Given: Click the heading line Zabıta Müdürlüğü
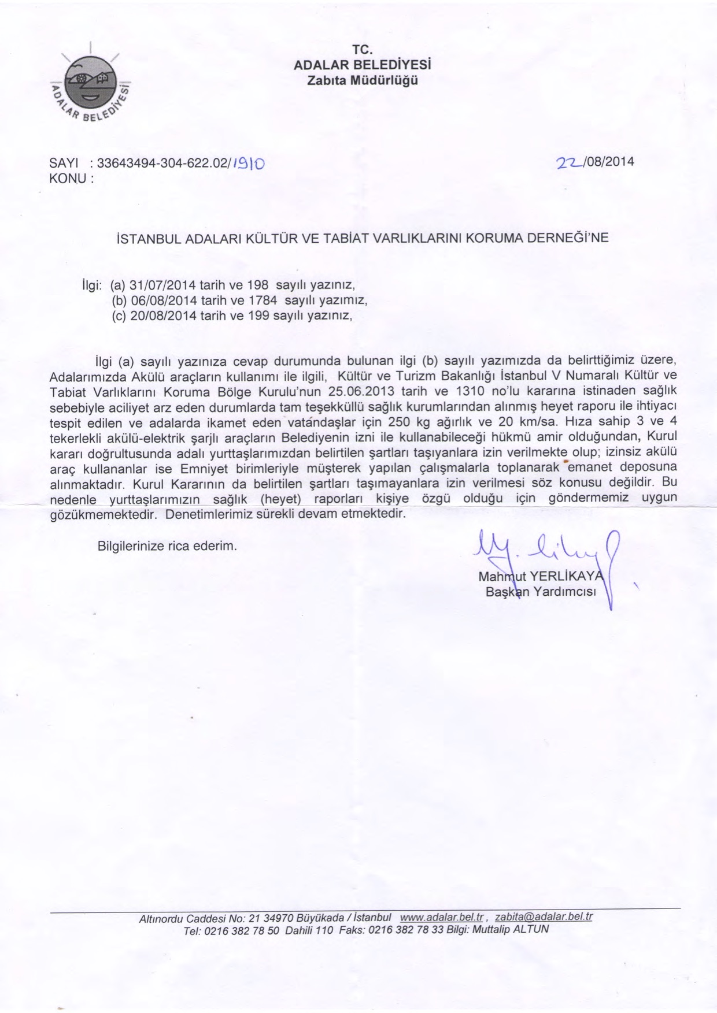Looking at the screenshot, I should click(362, 80).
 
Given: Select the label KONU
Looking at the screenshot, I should click(69, 178).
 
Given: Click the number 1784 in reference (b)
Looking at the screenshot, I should click(263, 300).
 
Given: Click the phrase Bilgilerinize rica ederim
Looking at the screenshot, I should click(168, 546).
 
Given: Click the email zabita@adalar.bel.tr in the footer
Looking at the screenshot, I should click(544, 918).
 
